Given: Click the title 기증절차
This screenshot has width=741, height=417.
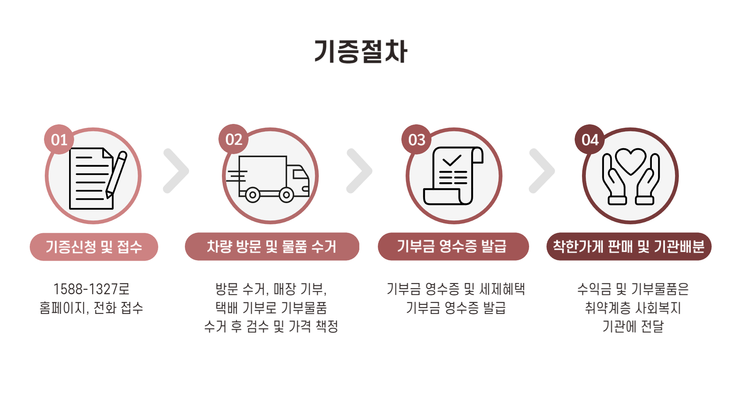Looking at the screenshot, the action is pyautogui.click(x=361, y=51).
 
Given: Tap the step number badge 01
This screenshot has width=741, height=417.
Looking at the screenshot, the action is pyautogui.click(x=59, y=139).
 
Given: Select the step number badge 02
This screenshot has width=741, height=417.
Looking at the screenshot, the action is pyautogui.click(x=233, y=139).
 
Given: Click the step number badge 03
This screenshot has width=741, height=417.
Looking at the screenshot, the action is pyautogui.click(x=416, y=139).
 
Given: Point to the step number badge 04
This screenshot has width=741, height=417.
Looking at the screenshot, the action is pyautogui.click(x=590, y=139).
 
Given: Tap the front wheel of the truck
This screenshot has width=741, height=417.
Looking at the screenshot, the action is pyautogui.click(x=286, y=195).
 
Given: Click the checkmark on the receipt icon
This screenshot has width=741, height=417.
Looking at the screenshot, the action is pyautogui.click(x=452, y=160).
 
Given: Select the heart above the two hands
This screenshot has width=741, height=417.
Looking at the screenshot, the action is pyautogui.click(x=631, y=161).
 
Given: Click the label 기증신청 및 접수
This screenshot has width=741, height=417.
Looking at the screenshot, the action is pyautogui.click(x=94, y=247).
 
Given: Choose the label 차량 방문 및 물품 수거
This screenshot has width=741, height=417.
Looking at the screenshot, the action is pyautogui.click(x=272, y=246).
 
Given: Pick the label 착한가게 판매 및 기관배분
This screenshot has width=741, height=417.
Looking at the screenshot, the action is pyautogui.click(x=629, y=246).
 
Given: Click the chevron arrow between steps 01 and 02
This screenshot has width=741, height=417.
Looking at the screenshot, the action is pyautogui.click(x=177, y=171).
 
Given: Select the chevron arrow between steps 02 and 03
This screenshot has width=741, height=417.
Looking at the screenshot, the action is pyautogui.click(x=360, y=171).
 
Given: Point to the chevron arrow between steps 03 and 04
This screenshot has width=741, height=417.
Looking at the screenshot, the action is pyautogui.click(x=543, y=171).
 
